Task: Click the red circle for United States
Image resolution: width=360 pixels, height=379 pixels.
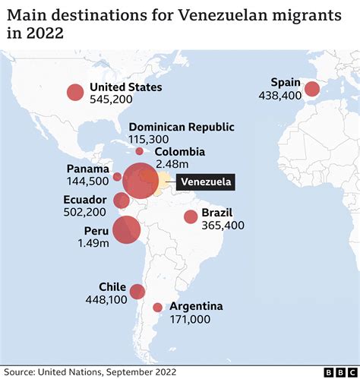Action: tap(74, 93)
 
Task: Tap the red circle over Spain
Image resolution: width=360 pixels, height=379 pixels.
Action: tap(312, 90)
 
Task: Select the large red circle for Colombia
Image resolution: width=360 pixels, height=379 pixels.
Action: tap(140, 182)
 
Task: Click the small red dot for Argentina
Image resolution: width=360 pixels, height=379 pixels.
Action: tap(157, 308)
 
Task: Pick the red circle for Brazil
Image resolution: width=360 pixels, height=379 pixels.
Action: tap(191, 217)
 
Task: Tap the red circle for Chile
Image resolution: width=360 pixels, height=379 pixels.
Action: tap(137, 292)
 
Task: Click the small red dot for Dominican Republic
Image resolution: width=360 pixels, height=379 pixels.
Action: tap(140, 151)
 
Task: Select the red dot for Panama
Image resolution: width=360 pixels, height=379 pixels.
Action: tap(117, 177)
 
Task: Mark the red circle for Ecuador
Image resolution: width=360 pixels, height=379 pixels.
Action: tap(121, 201)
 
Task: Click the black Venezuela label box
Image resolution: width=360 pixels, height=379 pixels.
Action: tap(205, 183)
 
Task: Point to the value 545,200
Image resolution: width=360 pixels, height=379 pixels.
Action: tap(111, 99)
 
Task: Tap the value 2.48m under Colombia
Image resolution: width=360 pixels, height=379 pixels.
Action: tap(172, 163)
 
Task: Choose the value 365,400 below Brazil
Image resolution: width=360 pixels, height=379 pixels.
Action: tap(223, 226)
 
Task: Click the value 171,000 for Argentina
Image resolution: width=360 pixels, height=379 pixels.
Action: tap(191, 320)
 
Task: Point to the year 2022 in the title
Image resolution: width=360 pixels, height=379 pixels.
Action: tap(44, 33)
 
